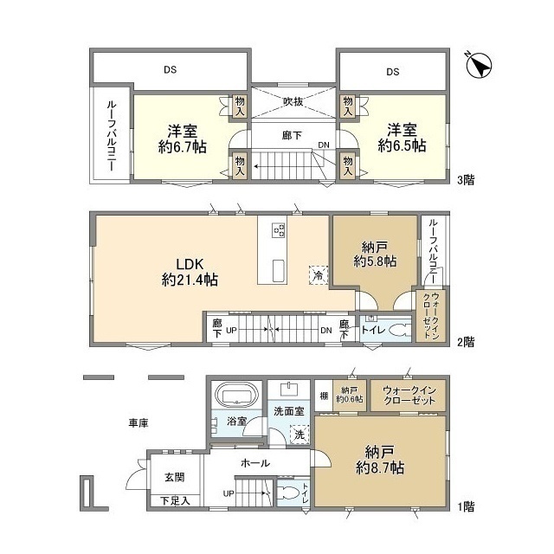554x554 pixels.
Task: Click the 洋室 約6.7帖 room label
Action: pos(182,138)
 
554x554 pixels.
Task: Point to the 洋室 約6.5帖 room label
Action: pos(402,138)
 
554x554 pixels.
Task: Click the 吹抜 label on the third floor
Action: pos(293,101)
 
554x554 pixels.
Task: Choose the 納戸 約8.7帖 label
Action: pos(378,459)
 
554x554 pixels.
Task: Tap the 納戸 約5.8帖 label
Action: pos(375,252)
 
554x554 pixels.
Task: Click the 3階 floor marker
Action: pos(465,181)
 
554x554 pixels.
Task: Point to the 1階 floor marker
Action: pos(465,505)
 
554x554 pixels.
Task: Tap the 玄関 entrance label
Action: pos(174,477)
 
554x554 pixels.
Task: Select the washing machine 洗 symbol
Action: pos(299,434)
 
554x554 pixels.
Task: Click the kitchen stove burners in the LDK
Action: pos(279,230)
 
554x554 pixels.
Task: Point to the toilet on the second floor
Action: pos(396,330)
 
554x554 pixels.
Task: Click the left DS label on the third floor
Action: pos(171,70)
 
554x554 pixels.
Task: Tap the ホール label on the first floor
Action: pos(255,464)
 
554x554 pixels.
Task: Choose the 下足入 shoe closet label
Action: pos(175,501)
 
